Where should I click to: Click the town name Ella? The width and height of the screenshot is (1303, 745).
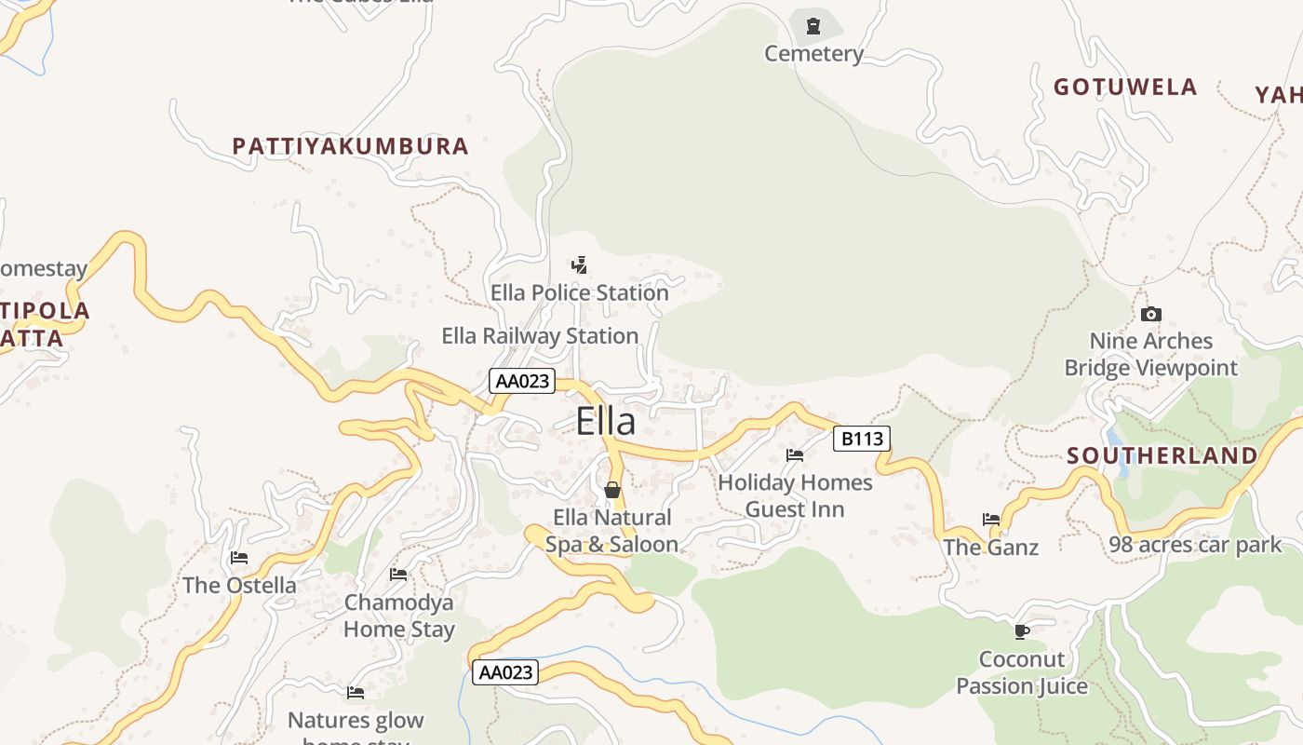coord(606,422)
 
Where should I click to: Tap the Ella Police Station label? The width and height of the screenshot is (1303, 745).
coord(580,293)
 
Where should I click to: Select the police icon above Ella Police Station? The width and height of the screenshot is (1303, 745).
coord(580,265)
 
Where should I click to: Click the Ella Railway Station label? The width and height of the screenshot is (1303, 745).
coord(540,336)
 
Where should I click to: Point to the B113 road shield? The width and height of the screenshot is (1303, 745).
coord(862,439)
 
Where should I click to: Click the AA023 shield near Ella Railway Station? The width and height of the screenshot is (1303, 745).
coord(522,381)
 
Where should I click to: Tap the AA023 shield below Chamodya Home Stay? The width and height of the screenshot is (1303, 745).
coord(505,672)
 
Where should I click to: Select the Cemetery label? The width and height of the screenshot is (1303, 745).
coord(813,54)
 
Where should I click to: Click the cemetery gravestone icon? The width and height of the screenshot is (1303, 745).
coord(814,26)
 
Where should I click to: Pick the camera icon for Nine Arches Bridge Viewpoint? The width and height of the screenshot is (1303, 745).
coord(1151,315)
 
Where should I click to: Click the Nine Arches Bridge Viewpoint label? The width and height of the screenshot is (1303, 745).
coord(1151,355)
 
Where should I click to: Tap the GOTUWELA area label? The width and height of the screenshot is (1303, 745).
coord(1125,88)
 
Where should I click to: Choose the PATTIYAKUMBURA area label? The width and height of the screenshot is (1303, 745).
coord(350,146)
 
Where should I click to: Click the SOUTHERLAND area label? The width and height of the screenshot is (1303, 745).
coord(1162,456)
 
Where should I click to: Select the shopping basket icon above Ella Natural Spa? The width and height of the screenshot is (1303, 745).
coord(612,490)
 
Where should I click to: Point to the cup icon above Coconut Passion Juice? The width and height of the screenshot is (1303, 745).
coord(1022,632)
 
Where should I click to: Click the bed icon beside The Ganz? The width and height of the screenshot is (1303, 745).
coord(991,520)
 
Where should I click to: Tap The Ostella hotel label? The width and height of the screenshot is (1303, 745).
coord(239,586)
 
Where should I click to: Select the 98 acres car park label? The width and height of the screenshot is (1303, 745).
coord(1195,545)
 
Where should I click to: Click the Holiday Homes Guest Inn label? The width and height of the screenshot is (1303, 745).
coord(795,496)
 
